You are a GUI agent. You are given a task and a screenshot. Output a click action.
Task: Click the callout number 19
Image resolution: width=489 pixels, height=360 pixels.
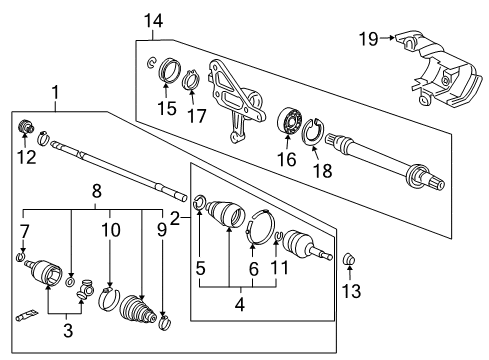click(x=368, y=39)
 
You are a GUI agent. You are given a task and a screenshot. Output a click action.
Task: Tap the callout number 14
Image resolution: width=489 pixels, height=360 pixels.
click(x=153, y=21)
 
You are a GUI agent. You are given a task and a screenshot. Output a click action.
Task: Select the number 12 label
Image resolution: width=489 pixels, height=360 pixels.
click(x=26, y=157)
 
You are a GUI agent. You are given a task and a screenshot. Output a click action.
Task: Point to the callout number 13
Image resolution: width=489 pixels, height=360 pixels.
click(x=351, y=291)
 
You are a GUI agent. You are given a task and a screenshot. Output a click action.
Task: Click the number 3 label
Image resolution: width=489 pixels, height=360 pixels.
click(x=68, y=330)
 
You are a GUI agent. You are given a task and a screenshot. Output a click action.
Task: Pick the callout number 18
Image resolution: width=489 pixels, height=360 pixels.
click(x=322, y=171)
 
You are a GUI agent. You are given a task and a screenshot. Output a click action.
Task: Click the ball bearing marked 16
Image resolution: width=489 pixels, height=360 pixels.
click(x=290, y=120)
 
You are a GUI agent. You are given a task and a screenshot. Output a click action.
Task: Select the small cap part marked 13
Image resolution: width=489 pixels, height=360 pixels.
click(x=349, y=259)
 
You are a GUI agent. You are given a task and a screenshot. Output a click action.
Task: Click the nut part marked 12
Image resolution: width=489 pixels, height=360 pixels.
click(x=25, y=126)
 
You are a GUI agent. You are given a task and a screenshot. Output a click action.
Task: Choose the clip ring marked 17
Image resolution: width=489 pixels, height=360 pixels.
click(x=191, y=80)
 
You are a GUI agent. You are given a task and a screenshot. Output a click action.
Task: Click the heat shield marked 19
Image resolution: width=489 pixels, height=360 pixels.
click(x=440, y=71)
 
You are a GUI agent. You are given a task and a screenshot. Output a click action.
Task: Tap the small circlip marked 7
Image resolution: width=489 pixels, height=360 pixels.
click(x=20, y=257)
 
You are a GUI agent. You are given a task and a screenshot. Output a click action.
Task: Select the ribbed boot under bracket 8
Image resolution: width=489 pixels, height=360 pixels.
click(x=137, y=309)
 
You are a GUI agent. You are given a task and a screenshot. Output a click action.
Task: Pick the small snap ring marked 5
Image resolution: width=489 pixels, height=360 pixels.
click(x=199, y=202)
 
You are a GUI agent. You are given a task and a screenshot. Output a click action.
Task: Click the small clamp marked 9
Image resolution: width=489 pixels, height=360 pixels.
click(x=164, y=323)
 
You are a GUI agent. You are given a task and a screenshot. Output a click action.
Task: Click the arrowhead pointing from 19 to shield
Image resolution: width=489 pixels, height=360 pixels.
click(x=392, y=38)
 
